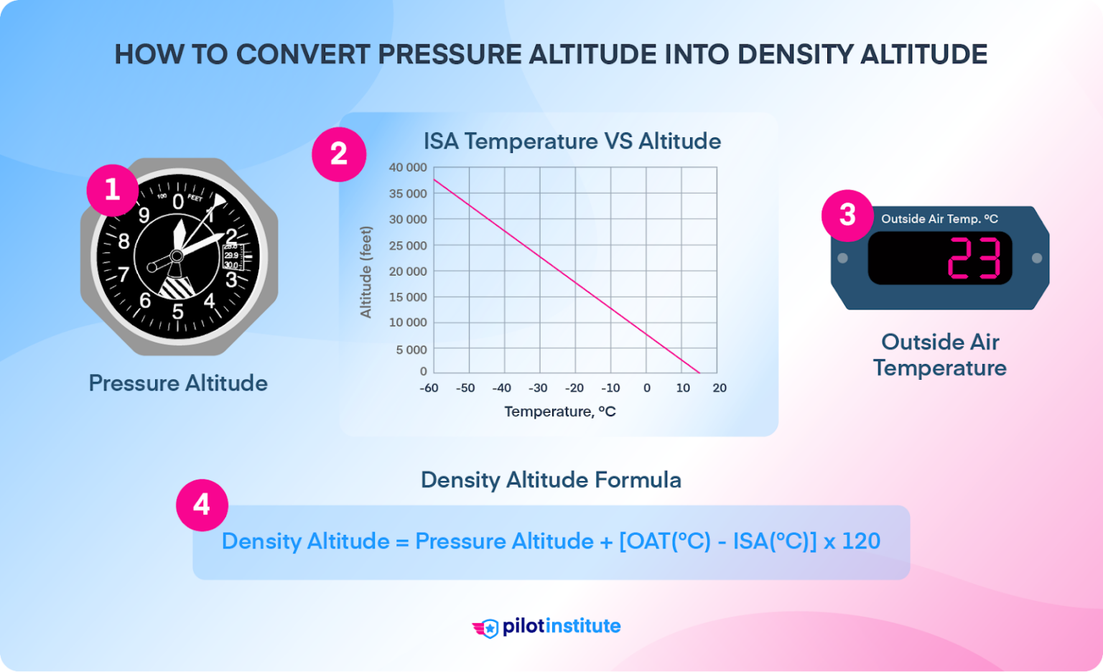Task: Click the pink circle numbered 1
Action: (112, 190)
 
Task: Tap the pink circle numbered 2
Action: (339, 154)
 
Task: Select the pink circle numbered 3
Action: (847, 215)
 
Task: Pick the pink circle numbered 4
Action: (202, 505)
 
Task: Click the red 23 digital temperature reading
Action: (974, 258)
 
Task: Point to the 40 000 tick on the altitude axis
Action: (407, 167)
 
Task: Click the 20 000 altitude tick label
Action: (407, 271)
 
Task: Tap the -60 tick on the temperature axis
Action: (429, 388)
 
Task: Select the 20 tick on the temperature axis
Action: (720, 388)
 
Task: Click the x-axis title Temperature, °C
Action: (559, 411)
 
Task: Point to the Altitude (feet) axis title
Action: (366, 272)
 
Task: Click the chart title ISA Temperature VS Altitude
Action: (572, 141)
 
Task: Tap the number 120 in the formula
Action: (860, 541)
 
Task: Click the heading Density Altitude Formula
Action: (551, 480)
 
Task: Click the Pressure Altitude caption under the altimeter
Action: (178, 383)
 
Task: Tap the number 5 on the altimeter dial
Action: (177, 312)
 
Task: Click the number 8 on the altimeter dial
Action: (124, 241)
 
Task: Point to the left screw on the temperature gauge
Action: (843, 258)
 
